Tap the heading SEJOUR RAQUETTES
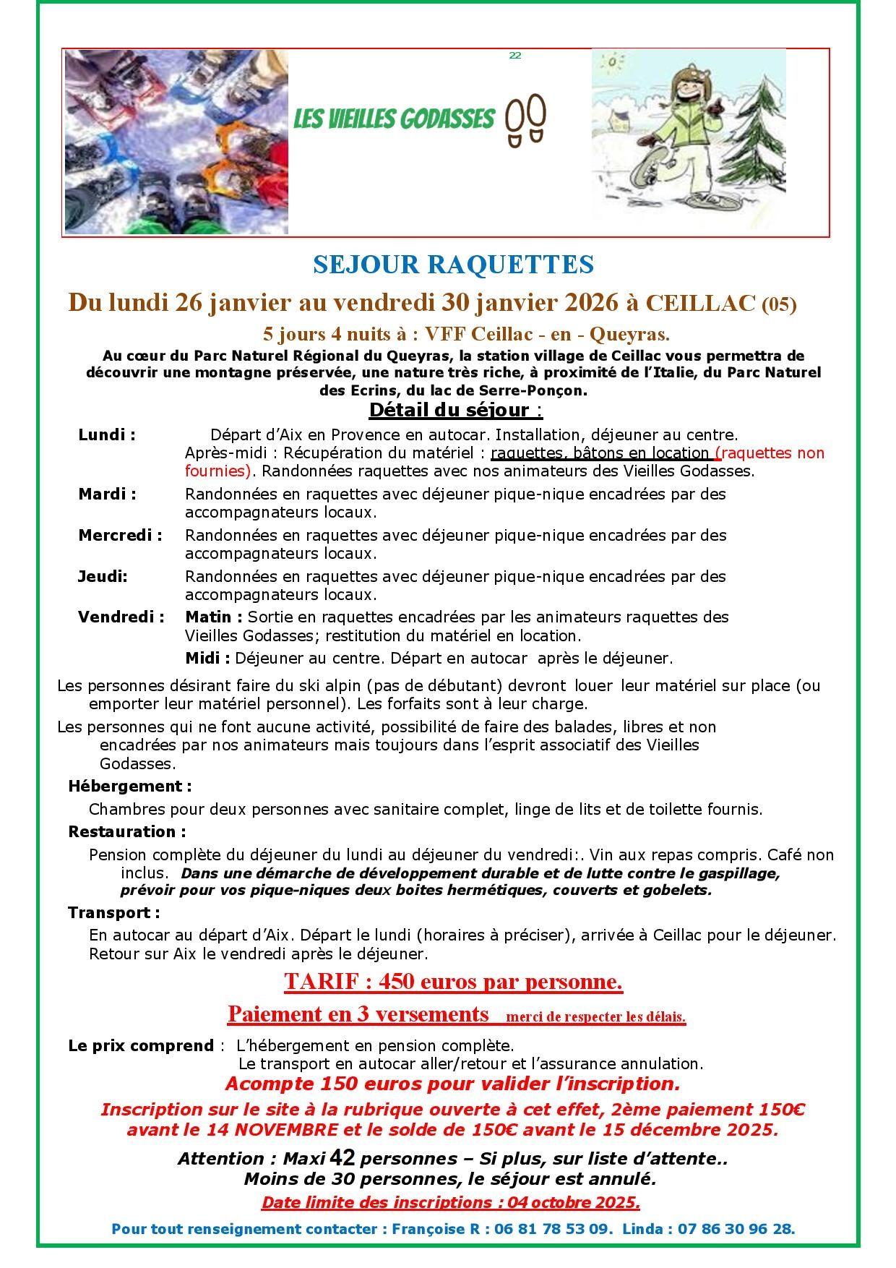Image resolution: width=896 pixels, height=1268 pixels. (453, 265)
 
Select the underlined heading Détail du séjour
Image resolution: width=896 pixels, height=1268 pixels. (455, 410)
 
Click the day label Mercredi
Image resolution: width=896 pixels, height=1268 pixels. (120, 536)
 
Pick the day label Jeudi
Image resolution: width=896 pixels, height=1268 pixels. (103, 577)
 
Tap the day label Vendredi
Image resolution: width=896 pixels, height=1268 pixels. (121, 617)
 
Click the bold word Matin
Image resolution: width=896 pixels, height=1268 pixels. (213, 617)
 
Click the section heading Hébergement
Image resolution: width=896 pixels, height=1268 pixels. (130, 786)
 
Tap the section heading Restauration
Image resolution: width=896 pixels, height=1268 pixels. (127, 832)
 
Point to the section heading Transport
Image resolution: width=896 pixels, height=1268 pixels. (114, 913)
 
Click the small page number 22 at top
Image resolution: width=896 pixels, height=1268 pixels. (515, 56)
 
